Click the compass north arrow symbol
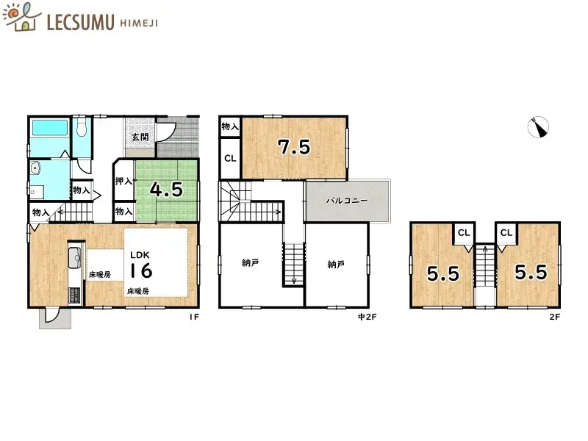pos(539,128)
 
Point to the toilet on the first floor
pos(82,129)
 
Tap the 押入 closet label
pos(123,181)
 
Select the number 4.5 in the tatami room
pos(165,189)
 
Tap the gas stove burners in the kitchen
pos(74,295)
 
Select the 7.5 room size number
pos(293,147)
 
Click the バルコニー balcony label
pos(342,201)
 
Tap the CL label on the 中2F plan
pos(230,158)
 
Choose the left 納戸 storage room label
pos(251,263)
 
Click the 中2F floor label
pos(366,318)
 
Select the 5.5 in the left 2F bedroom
pos(442,273)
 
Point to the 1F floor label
pos(194,318)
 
